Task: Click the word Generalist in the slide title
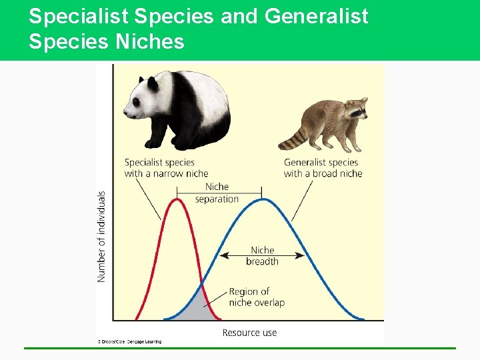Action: coord(316,15)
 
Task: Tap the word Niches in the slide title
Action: coord(150,42)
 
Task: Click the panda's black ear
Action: coord(153,84)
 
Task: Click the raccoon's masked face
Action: coord(357,111)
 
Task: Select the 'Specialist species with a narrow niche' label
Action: coord(166,168)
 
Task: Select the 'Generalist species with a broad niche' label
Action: coord(323,168)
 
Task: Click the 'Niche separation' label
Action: coord(217,193)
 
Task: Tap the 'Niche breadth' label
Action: coord(262,255)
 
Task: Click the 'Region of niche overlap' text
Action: coord(256,297)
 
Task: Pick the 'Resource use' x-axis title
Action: coord(249,333)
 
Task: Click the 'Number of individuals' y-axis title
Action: coord(102,236)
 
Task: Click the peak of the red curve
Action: coord(177,199)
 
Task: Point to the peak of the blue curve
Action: coord(263,199)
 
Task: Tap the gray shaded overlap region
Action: coord(199,309)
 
